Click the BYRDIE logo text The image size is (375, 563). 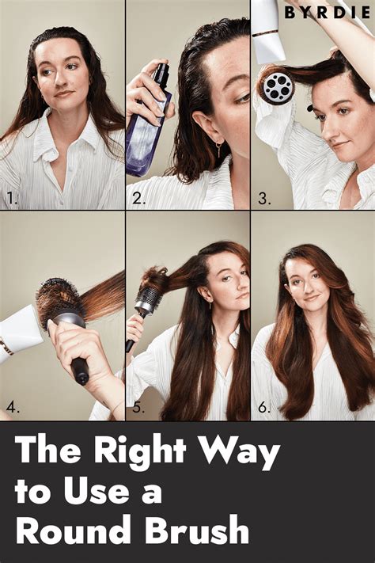point(328,13)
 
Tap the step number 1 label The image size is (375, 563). point(12,198)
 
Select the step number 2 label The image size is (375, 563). point(139,198)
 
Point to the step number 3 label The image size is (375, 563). point(264,198)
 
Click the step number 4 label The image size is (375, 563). point(13,408)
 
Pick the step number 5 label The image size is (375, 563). point(138,408)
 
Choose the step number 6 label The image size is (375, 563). point(264,408)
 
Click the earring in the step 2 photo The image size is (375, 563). point(218,150)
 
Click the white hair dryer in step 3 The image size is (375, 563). point(269,29)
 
